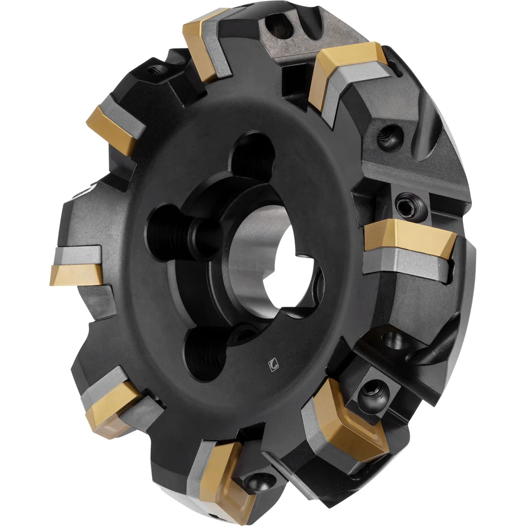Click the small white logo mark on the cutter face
click(273, 362)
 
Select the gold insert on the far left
click(74, 275)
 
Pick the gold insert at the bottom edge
click(224, 476)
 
